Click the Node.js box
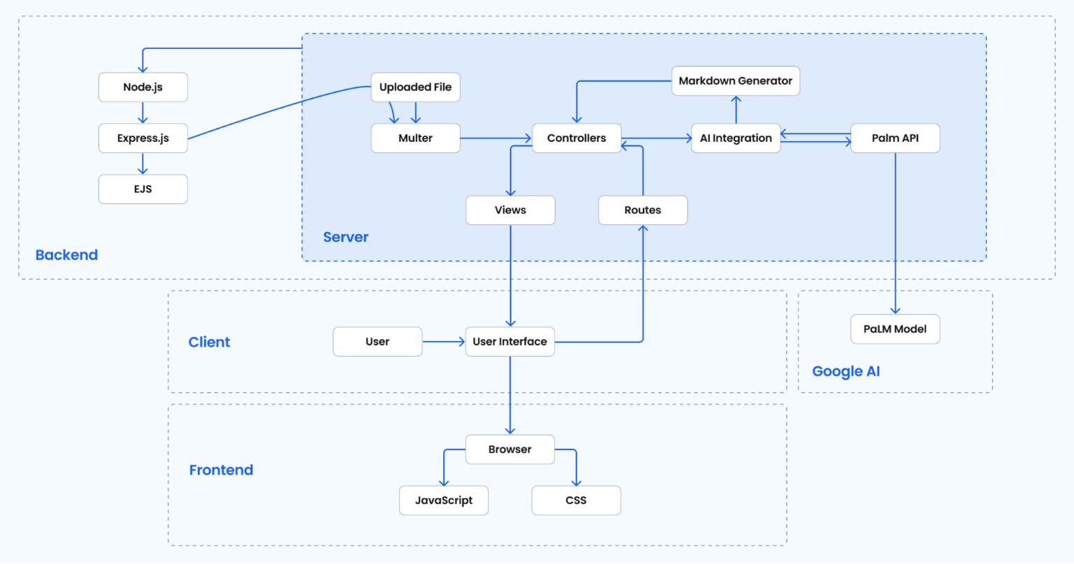pos(143,87)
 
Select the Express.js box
pos(143,138)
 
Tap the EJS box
pos(143,189)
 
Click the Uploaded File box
pos(415,87)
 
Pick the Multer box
pos(415,138)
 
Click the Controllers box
pos(576,138)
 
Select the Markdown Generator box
pos(735,81)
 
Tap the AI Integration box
pos(736,138)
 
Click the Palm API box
pos(895,138)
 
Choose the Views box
pos(510,210)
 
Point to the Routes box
pos(643,210)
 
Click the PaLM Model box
pos(895,329)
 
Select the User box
pos(378,342)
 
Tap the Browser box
pos(510,449)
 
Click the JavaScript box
pos(443,500)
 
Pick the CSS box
pos(576,500)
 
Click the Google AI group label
pos(846,372)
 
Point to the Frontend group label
pos(221,470)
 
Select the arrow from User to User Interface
pos(443,342)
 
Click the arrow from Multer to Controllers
pos(496,138)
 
